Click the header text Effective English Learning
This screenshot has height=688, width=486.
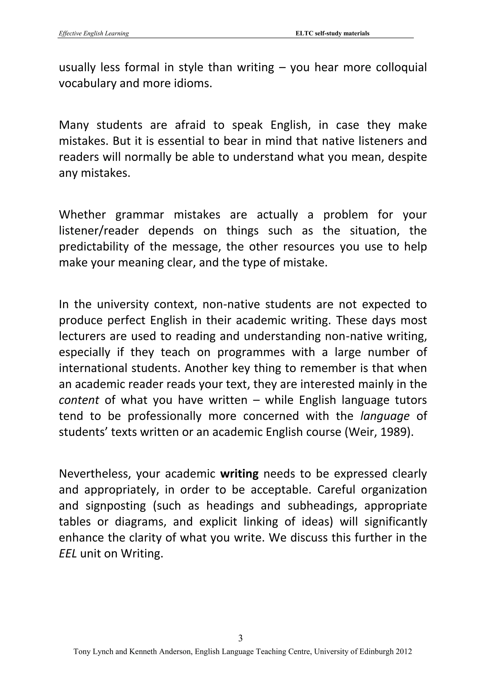point(94,33)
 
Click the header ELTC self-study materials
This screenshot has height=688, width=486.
point(332,33)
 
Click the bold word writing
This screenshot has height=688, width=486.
point(239,474)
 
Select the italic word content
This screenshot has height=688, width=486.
point(79,400)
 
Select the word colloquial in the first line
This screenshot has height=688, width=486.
point(401,68)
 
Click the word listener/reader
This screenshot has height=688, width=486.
point(99,231)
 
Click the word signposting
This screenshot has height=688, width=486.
point(116,506)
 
